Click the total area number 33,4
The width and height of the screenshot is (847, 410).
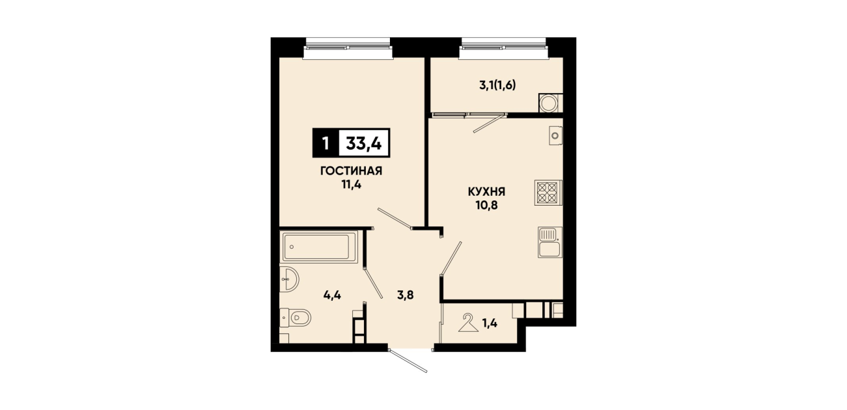pos(364,143)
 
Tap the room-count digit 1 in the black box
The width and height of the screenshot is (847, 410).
pos(325,144)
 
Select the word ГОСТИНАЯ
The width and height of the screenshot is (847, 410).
pos(352,171)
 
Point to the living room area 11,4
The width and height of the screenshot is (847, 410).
pos(352,185)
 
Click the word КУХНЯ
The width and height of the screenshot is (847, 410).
pos(486,192)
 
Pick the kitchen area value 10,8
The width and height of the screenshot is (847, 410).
pos(486,206)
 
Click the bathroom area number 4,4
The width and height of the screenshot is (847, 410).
pos(333,295)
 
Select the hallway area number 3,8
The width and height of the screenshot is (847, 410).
pos(405,295)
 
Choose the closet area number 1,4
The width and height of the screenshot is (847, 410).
pos(490,323)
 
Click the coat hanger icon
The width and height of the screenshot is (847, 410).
pos(468,323)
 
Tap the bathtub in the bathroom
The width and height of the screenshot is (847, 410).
pos(319,247)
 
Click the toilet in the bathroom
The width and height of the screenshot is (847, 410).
pos(296,317)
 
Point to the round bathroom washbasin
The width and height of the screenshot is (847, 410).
pos(289,280)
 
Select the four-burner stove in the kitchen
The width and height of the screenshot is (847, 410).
pos(548,193)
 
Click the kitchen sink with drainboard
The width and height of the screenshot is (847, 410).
pos(549,242)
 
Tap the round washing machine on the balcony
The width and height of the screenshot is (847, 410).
pos(549,103)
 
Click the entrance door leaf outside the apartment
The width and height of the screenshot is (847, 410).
pos(408,361)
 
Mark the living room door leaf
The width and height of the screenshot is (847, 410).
pos(395,219)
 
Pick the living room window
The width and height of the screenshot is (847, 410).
pos(348,48)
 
